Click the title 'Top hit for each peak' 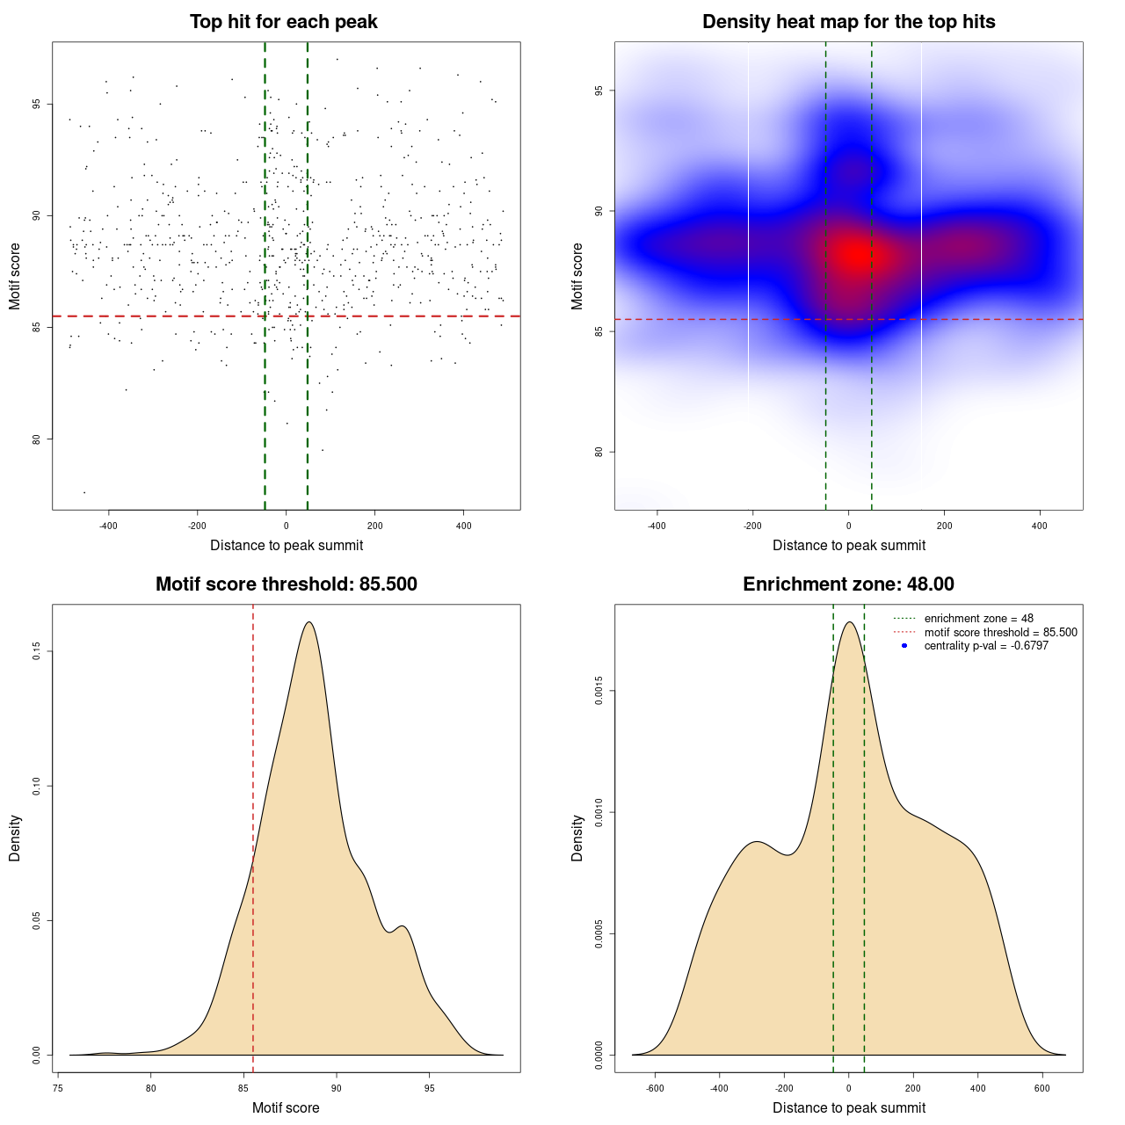(x=284, y=22)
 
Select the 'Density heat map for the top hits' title (x=848, y=22)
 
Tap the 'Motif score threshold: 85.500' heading (x=286, y=584)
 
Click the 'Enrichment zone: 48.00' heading (x=848, y=584)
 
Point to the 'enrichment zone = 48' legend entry (x=978, y=619)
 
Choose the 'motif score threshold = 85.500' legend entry (x=1000, y=632)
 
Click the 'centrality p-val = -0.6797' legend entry (x=986, y=646)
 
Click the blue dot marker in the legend (x=904, y=646)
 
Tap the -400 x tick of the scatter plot (x=109, y=526)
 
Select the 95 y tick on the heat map (x=599, y=91)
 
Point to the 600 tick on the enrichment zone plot (x=1042, y=1088)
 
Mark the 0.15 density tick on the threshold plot (x=37, y=651)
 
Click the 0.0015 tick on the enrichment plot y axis (x=599, y=692)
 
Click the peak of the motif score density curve (x=308, y=622)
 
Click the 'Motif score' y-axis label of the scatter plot (x=15, y=276)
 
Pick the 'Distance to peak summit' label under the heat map (x=848, y=545)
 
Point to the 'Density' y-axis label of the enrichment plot (x=577, y=838)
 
